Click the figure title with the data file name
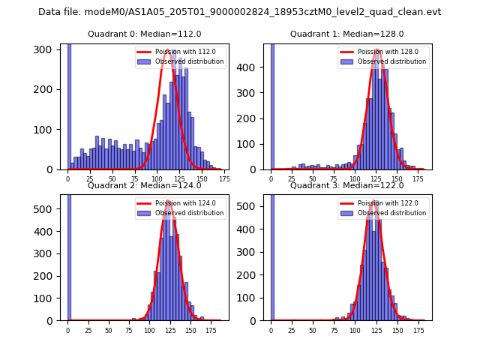239,12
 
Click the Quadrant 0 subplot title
145,34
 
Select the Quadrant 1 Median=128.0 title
347,34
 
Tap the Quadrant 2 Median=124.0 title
145,185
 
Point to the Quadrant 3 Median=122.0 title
347,185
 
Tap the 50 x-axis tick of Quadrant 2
109,330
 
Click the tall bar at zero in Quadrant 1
271,105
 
